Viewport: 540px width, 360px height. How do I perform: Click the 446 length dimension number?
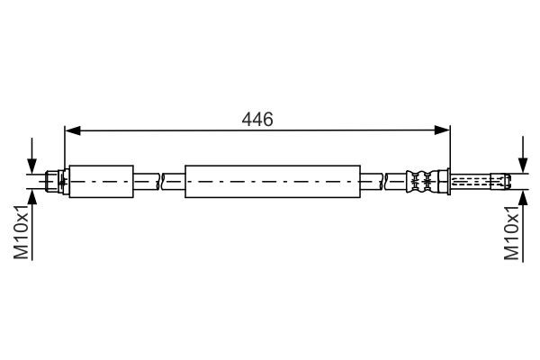click(257, 119)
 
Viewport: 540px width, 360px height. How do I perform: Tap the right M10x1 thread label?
click(512, 231)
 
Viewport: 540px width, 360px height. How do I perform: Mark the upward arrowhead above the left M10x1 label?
click(32, 197)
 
